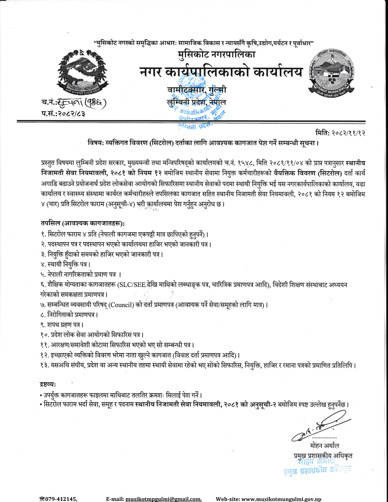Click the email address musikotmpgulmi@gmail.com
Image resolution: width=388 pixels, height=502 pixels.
coord(163,498)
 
